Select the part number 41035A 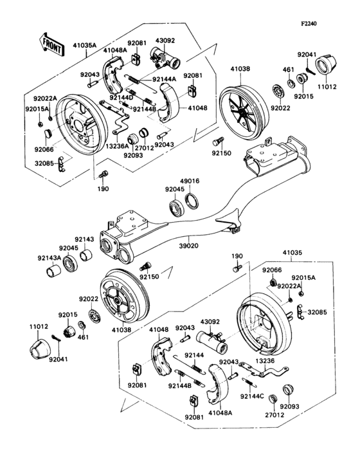84,46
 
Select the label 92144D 121,97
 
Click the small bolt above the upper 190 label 104,173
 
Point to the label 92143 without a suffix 84,239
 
